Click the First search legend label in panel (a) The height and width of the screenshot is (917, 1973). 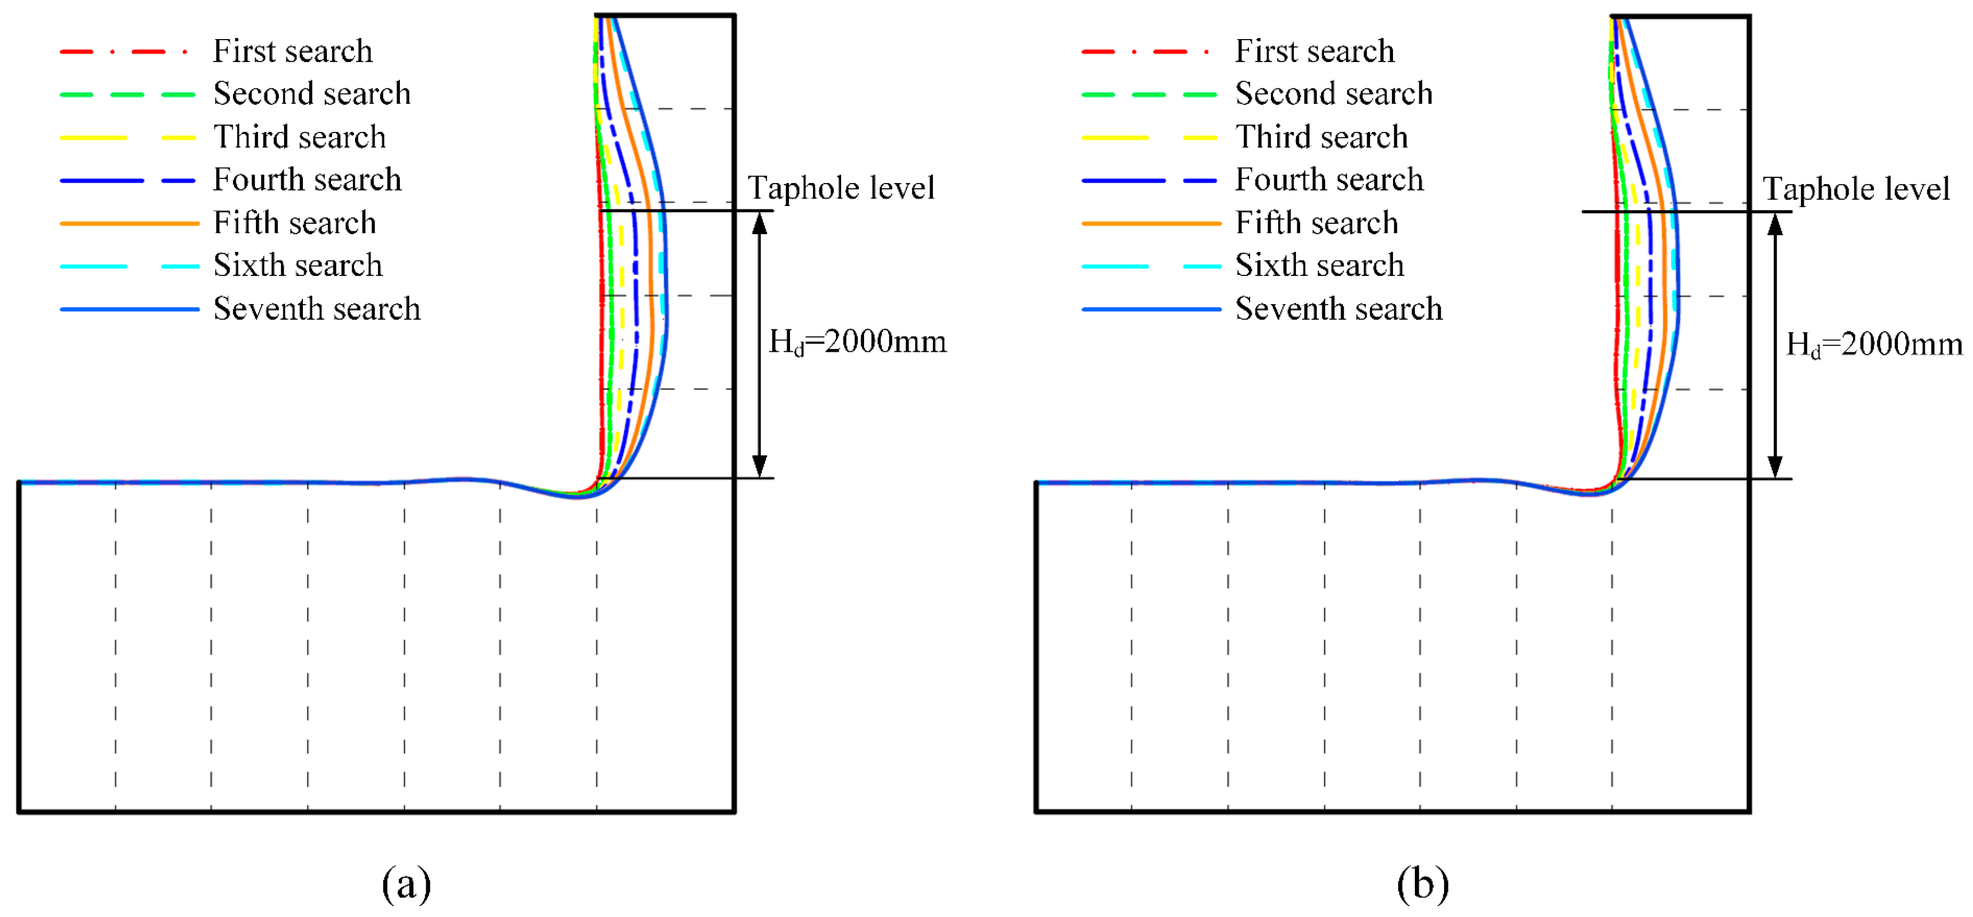pyautogui.click(x=293, y=51)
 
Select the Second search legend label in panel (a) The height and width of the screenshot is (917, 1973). pyautogui.click(x=312, y=94)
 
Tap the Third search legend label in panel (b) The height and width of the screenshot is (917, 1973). pyautogui.click(x=1321, y=137)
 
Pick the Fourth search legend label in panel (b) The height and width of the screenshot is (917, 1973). pyautogui.click(x=1329, y=180)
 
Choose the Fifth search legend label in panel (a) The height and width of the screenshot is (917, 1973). pyautogui.click(x=295, y=223)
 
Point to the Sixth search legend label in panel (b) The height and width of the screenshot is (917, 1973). pyautogui.click(x=1319, y=266)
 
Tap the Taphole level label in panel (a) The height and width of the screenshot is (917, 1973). pyautogui.click(x=841, y=188)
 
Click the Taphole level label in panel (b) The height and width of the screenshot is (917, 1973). pyautogui.click(x=1856, y=188)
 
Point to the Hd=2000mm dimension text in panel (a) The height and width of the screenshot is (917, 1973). pyautogui.click(x=857, y=341)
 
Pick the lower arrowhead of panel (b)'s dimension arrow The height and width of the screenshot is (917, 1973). pyautogui.click(x=1774, y=467)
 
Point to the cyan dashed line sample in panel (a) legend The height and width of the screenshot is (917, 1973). pyautogui.click(x=129, y=267)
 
